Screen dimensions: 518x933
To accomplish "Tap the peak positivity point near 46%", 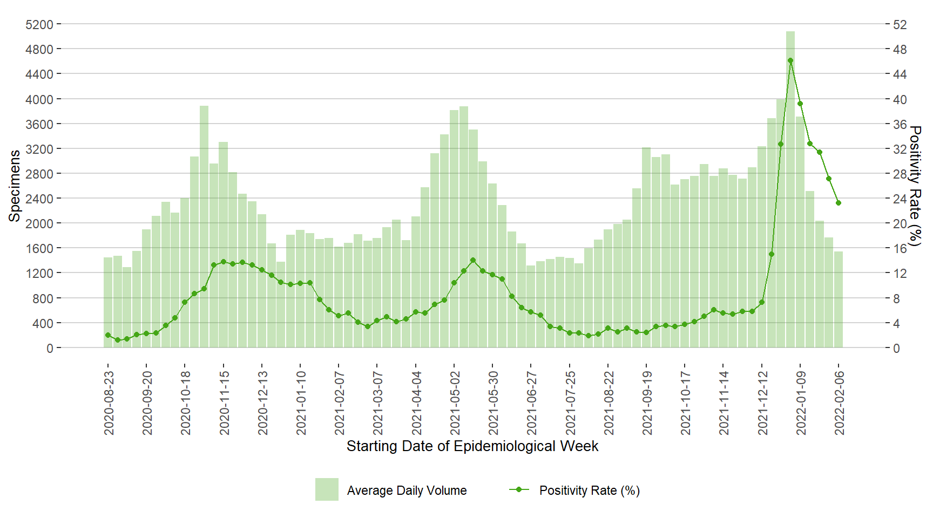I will click(790, 61).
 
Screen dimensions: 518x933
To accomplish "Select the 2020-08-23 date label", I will click(109, 403).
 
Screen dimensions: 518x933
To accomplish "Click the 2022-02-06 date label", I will click(840, 403).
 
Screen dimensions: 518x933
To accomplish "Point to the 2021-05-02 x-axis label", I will click(455, 403).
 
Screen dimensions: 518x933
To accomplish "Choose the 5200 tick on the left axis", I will click(39, 25).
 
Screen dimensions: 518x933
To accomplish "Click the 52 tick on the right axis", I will click(900, 25).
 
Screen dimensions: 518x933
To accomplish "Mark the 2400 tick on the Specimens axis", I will click(39, 199).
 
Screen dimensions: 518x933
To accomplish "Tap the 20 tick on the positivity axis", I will click(900, 223).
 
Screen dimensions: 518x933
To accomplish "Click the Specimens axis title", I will click(15, 186).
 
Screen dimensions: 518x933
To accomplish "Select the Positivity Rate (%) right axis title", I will click(915, 186).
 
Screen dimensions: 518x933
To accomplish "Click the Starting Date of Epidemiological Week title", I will click(472, 446).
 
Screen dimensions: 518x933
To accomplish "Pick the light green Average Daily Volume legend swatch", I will click(327, 489).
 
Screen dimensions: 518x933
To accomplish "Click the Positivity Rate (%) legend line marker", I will click(519, 489).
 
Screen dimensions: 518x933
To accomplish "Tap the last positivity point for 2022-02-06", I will click(839, 203).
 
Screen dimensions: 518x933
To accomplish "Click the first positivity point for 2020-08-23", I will click(108, 335).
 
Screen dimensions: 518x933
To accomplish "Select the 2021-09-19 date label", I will click(647, 403).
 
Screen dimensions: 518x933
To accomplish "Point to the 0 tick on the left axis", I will click(50, 349).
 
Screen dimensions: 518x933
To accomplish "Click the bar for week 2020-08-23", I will click(108, 302).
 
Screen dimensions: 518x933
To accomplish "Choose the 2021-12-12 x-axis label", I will click(763, 403).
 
